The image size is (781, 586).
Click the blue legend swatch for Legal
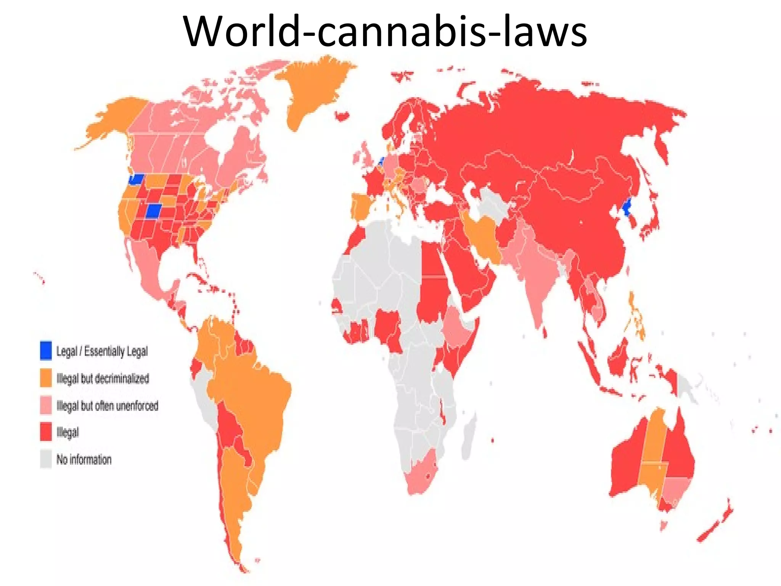click(x=46, y=350)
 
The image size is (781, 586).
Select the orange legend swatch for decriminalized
click(x=46, y=378)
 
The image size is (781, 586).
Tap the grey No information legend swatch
click(x=46, y=459)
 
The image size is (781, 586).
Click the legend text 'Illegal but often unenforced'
click(x=107, y=406)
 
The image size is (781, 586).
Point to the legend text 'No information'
click(x=84, y=459)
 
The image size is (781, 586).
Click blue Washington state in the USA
click(x=136, y=179)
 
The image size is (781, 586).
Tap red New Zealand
click(x=717, y=523)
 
